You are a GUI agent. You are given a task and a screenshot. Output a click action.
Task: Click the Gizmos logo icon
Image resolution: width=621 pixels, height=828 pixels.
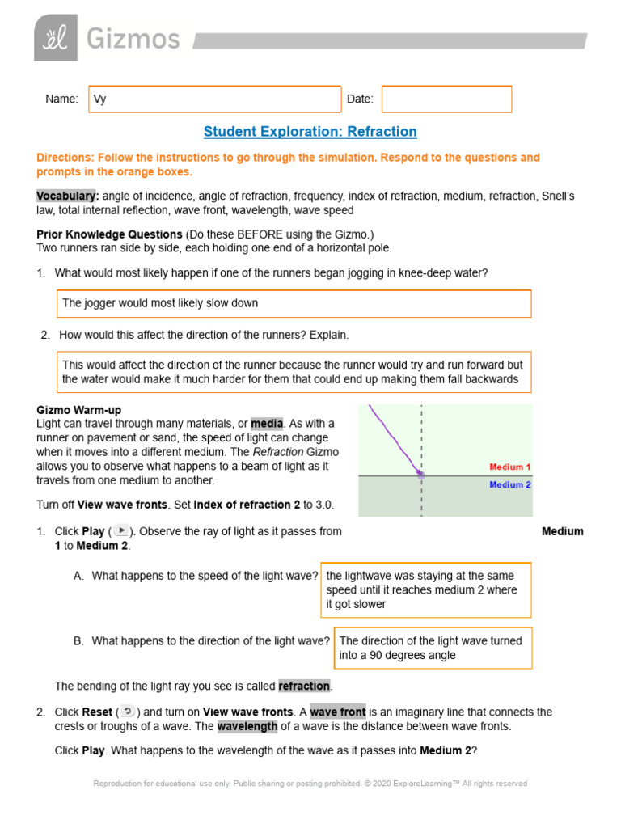pos(55,37)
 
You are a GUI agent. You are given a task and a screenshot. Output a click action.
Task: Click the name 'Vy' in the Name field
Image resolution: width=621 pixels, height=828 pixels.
pos(100,99)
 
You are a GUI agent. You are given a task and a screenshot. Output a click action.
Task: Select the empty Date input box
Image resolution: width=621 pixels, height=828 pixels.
pos(446,99)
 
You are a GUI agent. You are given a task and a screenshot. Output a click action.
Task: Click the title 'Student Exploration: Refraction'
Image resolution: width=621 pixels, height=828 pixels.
pos(310,132)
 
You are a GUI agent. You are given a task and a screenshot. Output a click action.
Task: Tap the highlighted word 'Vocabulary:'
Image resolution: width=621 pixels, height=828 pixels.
pos(68,196)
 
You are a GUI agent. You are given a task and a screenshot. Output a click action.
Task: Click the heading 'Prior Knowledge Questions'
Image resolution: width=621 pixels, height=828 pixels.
pos(109,234)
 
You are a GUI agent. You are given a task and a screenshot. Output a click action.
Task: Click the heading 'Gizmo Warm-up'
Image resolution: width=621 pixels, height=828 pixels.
pos(79,410)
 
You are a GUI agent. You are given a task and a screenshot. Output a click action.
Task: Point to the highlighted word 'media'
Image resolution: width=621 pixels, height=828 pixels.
pos(267,424)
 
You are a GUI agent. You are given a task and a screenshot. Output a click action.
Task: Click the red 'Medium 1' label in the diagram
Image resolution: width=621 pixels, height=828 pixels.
pos(509,467)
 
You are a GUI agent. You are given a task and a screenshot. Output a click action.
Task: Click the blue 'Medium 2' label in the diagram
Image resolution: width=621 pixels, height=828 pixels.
pos(509,484)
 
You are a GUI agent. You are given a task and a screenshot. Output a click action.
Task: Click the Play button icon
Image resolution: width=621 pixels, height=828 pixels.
pos(120,531)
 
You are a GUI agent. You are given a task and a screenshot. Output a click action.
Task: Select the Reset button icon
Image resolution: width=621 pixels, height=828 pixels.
pos(128,712)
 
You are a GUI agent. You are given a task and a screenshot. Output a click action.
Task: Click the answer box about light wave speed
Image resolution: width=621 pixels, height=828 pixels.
pos(426,589)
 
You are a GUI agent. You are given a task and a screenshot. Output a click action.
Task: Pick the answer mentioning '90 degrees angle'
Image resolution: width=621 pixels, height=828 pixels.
pos(433,648)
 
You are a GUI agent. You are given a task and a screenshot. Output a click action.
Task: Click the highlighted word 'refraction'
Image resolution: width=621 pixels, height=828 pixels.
pos(305,686)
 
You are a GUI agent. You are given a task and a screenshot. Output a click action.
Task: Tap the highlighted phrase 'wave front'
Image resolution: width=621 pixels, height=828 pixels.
pos(337,712)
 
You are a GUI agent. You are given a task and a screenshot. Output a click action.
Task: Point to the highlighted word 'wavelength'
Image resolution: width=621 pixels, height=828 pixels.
pos(247,726)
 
